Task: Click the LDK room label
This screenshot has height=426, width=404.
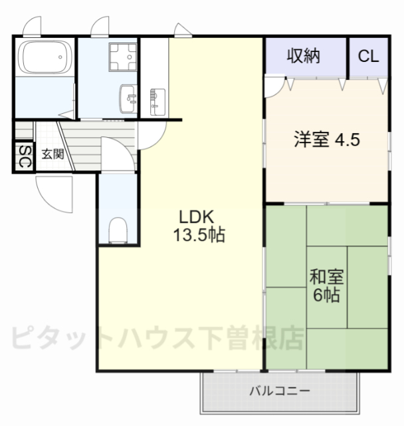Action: (x=194, y=216)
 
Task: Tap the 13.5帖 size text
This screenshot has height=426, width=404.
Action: (x=199, y=234)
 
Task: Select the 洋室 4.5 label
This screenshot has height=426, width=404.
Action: (x=328, y=140)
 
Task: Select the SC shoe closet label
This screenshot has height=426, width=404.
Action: (x=23, y=157)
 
